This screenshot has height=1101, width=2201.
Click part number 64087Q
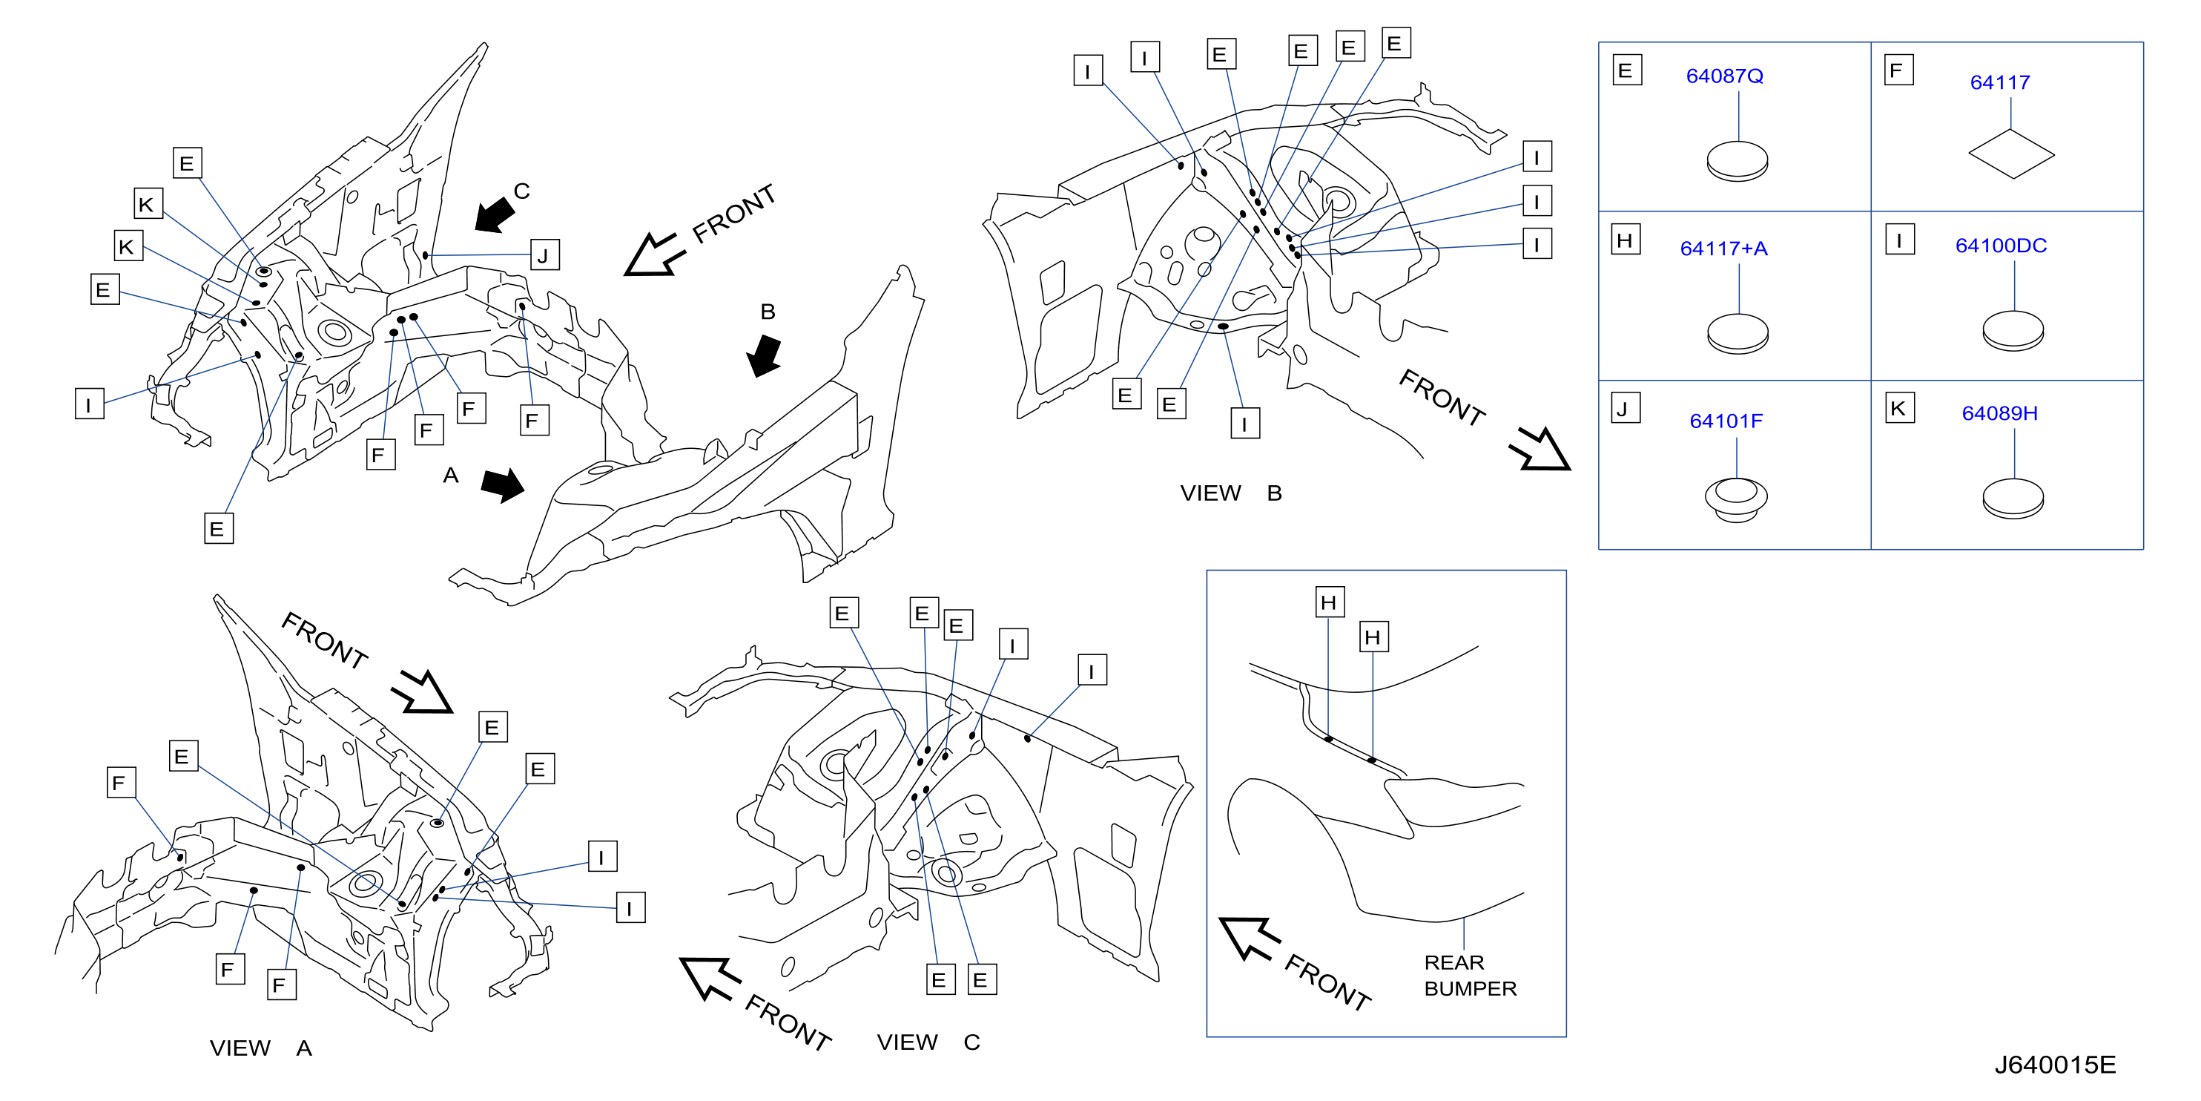1724,76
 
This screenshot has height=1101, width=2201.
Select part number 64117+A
1723,249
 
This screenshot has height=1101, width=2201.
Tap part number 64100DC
2001,246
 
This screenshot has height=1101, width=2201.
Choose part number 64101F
1726,421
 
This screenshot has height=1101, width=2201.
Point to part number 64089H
1999,414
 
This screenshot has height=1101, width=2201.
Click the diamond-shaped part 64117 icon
2011,154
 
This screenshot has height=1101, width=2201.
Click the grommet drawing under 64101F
1736,499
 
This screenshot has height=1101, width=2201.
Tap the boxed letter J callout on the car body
544,254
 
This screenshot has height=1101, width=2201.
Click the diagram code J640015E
2055,1065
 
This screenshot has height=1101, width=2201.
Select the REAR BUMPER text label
1470,976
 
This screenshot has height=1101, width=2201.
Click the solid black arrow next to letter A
502,484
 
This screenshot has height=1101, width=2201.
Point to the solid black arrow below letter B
764,355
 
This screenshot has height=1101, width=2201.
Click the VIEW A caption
260,1048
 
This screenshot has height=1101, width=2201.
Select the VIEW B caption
1230,493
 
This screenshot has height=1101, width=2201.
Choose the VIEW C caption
928,1042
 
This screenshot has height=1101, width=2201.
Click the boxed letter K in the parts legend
1899,409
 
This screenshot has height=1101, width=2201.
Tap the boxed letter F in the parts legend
1898,70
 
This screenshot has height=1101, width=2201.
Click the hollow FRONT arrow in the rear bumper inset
1249,938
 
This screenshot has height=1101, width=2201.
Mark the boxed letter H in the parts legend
1625,240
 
